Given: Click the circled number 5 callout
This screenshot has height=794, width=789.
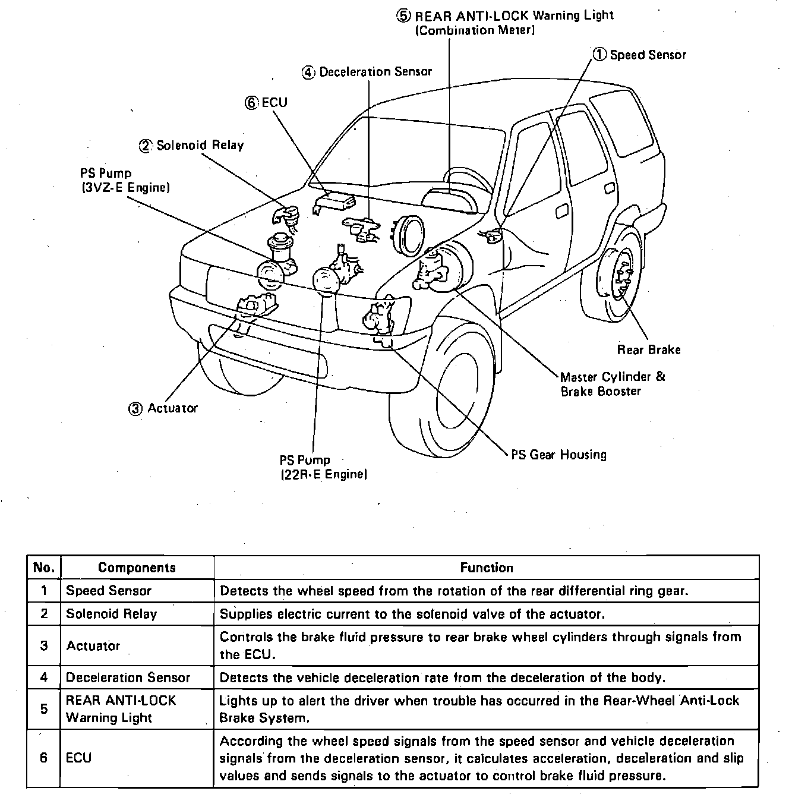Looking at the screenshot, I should pos(405,16).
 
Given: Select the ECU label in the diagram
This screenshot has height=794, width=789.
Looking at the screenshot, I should pos(274,102).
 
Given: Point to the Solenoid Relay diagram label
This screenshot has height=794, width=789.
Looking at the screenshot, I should pos(200,146).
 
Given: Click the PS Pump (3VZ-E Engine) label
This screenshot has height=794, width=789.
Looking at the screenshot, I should pos(125,181).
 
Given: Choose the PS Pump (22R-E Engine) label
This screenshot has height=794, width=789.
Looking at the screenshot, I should pos(323,467).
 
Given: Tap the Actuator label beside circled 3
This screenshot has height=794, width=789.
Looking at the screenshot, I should pos(172,408).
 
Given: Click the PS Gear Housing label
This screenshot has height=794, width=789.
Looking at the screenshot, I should pos(559,455).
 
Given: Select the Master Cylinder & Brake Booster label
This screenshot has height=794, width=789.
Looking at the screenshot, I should pos(612,384).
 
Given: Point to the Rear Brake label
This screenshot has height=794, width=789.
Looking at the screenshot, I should pos(649,350).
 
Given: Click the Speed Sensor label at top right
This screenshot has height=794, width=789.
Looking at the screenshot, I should pos(648,55).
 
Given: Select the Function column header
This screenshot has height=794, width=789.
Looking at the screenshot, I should pos(486,568).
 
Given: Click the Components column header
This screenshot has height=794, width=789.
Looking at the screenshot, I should pos(137,568).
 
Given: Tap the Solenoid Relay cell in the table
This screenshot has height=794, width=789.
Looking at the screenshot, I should pos(111,614).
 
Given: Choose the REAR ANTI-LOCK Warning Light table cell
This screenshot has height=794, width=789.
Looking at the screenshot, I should pos(121,709).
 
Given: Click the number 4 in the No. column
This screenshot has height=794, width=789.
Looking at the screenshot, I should pos(44,678).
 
